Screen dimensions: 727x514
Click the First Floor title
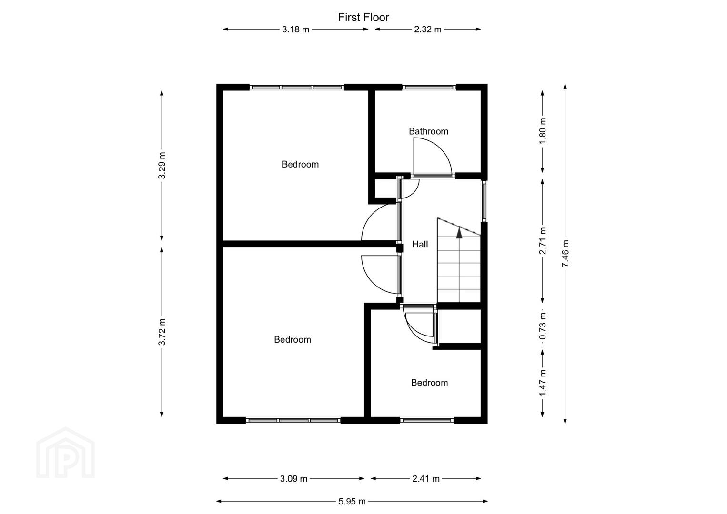[363, 17]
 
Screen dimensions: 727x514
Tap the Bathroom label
[428, 131]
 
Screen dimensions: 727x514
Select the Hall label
[420, 244]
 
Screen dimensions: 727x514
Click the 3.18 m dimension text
[296, 30]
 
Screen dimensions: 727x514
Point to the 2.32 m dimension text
[428, 30]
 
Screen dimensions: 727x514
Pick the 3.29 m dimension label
[162, 166]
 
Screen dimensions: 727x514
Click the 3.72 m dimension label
[162, 332]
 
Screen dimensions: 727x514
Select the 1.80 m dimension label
[542, 131]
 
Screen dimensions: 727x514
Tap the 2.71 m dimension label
[542, 241]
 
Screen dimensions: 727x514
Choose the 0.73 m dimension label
[542, 326]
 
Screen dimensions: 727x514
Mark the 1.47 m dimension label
[542, 383]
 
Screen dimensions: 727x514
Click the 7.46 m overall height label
[565, 254]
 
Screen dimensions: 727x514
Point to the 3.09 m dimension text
[294, 479]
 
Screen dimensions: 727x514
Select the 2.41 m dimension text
[426, 479]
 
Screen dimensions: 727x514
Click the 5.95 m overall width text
[352, 502]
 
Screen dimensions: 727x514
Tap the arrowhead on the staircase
[459, 233]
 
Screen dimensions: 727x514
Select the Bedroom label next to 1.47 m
[429, 383]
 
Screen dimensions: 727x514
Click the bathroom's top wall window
[429, 87]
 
